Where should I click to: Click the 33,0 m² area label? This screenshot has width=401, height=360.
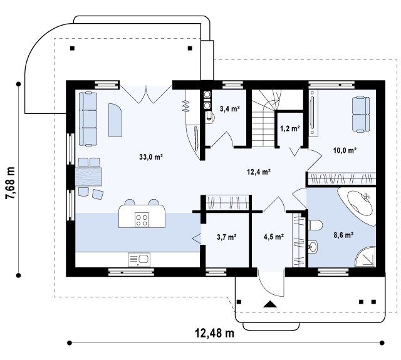[151, 157]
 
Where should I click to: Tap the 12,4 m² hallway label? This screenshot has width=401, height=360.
[259, 172]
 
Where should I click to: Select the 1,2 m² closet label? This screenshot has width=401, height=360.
[290, 128]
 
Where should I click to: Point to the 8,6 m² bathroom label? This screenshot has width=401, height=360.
[343, 235]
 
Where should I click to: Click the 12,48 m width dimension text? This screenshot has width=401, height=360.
[214, 333]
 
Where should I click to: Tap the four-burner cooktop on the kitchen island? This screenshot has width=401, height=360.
[142, 220]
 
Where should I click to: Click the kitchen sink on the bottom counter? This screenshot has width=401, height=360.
[139, 260]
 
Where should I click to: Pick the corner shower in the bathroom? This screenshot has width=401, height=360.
[366, 257]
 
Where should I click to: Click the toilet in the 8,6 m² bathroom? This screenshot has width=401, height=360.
[316, 225]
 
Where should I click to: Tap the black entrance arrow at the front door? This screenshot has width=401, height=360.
[271, 304]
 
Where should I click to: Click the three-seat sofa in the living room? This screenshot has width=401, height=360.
[88, 119]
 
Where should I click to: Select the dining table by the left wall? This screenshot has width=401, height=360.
[88, 177]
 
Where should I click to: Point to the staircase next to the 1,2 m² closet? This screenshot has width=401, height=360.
[266, 118]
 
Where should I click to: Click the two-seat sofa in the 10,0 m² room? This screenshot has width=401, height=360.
[361, 114]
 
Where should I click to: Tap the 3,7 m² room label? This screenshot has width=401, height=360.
[227, 237]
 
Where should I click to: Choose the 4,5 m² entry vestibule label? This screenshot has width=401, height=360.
[274, 237]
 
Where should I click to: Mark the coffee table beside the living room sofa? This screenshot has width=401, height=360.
[115, 120]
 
